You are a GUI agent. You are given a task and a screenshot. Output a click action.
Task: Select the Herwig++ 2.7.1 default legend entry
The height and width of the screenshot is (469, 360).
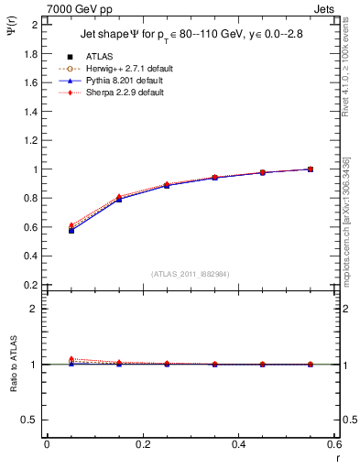(x=121, y=70)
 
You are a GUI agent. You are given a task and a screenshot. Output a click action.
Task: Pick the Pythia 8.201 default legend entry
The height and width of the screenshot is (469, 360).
(x=118, y=82)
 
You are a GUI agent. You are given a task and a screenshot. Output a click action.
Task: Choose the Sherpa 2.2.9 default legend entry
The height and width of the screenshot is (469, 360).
(x=118, y=93)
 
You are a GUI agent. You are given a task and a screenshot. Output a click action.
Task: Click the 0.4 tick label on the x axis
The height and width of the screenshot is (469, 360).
(x=238, y=444)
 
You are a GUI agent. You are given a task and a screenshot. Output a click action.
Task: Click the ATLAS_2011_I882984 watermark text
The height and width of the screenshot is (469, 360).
(x=191, y=274)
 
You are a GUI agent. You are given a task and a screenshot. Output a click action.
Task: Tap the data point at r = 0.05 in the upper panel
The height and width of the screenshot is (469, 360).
(x=71, y=230)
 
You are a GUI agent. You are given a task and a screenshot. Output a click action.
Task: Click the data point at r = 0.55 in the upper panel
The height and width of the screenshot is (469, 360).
(x=311, y=169)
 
